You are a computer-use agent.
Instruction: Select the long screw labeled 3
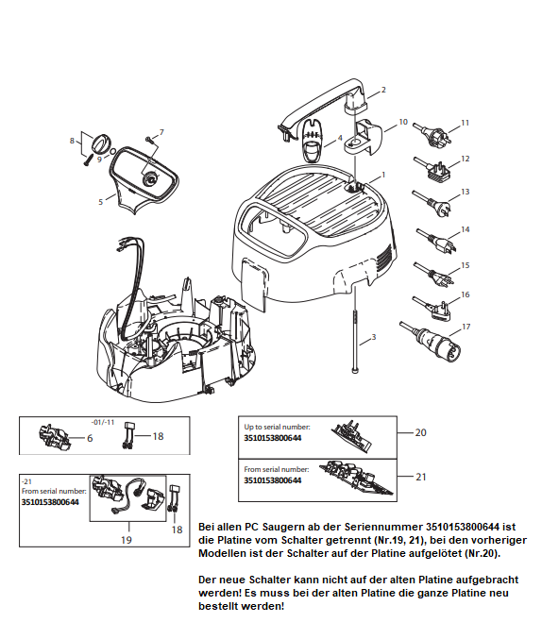tap(356, 342)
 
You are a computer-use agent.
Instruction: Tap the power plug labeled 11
tap(432, 134)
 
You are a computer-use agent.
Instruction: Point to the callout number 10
tap(403, 122)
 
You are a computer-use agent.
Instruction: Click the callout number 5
tap(100, 202)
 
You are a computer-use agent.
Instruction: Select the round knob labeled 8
tap(100, 143)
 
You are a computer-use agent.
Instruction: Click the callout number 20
tap(420, 432)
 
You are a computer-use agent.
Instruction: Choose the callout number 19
tap(126, 540)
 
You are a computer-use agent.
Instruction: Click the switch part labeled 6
tap(54, 436)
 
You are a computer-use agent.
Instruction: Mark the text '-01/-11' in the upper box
tap(103, 422)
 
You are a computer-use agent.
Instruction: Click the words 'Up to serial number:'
tap(277, 427)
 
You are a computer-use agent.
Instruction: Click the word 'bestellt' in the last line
tap(218, 606)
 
